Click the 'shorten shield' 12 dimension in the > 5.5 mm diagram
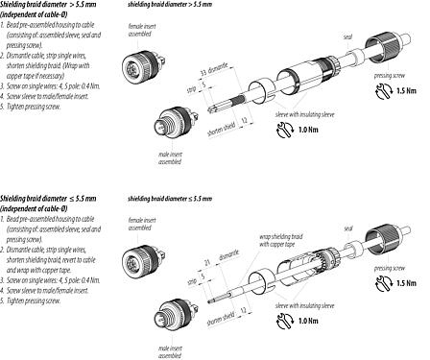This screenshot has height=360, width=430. point(222,121)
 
